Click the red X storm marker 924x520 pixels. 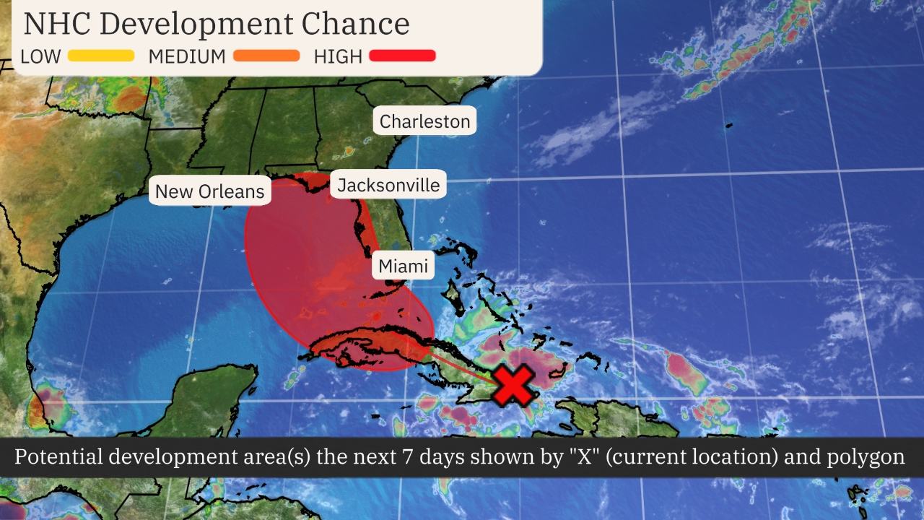click(x=514, y=385)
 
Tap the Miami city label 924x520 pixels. click(x=404, y=266)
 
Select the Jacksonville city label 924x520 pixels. click(x=388, y=186)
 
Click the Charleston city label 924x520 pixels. click(x=424, y=121)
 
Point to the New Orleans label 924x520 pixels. click(x=210, y=191)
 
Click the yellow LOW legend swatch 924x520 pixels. click(x=101, y=56)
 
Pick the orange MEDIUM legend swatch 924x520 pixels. click(x=266, y=56)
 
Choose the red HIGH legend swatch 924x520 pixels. click(x=402, y=56)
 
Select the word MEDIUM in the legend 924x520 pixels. click(x=187, y=56)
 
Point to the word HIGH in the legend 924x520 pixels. click(x=338, y=56)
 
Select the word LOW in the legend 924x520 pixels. click(x=41, y=56)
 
